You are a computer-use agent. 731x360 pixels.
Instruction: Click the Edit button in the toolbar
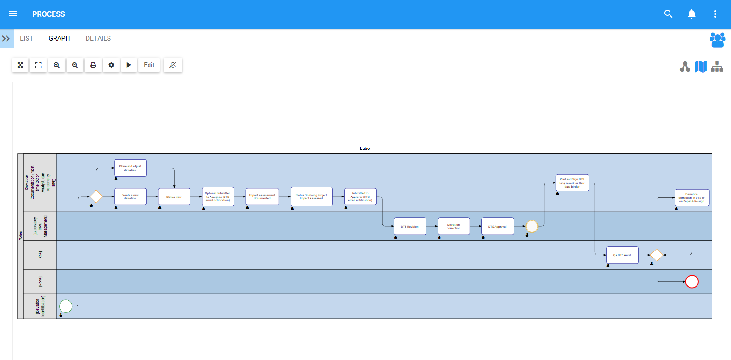coord(149,65)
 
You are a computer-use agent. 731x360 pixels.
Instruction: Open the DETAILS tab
coord(98,39)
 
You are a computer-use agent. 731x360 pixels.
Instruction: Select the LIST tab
coord(27,39)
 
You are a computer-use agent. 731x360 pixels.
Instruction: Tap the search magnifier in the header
coord(668,14)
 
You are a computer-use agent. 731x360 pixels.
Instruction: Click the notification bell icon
coord(691,14)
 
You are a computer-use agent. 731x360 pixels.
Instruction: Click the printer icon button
coord(93,65)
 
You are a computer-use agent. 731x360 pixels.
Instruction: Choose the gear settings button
coord(111,65)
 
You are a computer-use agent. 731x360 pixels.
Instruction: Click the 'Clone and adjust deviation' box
coord(130,168)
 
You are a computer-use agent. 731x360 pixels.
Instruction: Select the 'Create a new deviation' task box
coord(130,197)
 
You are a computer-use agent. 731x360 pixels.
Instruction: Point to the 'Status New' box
coord(174,197)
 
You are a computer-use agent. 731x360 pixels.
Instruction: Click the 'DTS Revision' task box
coord(410,226)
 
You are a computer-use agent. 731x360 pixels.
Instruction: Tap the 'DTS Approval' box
coord(497,226)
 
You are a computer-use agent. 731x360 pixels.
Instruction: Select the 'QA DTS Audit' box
coord(622,255)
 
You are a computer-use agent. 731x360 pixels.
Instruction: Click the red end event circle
coord(692,282)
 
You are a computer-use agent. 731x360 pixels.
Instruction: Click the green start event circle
coord(66,306)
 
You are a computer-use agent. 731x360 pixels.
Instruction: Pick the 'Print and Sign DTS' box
coord(572,183)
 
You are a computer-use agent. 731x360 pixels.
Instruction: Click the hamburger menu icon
coord(13,14)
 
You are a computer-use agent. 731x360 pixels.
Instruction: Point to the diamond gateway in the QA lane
coord(657,255)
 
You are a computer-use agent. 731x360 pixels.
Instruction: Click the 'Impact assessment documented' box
coord(262,197)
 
